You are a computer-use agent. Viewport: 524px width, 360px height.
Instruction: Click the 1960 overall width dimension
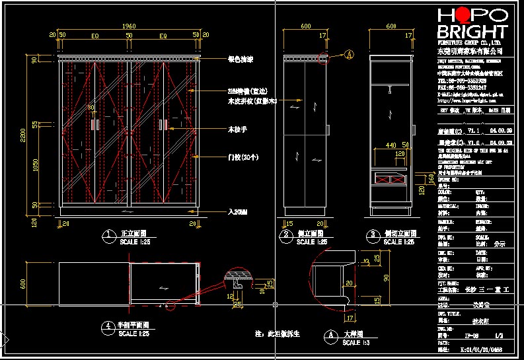130,26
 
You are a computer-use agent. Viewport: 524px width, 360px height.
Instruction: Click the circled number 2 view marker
286,234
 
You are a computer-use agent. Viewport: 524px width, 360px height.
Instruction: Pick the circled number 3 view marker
371,234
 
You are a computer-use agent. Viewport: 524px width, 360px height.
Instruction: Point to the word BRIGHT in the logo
472,32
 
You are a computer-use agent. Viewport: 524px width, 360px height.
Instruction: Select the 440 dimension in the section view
392,145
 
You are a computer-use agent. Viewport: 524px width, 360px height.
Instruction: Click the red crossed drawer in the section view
391,177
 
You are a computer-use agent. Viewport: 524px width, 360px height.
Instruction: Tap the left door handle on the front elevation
95,125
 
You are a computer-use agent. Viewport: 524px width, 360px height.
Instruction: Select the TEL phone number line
462,81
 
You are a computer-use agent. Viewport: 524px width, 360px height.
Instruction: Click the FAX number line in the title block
462,87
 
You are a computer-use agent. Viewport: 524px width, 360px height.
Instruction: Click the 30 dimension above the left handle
91,107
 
